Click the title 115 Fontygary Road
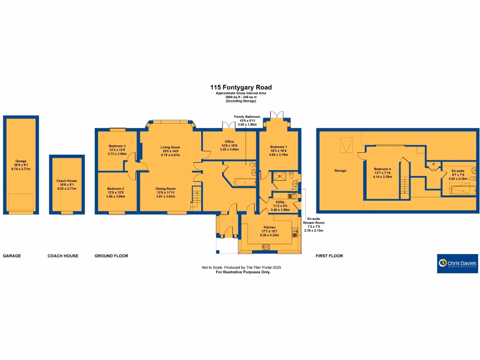point(240,87)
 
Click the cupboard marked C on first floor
point(434,165)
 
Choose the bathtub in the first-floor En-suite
point(459,190)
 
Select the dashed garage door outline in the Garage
point(21,202)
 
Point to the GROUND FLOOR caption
point(111,256)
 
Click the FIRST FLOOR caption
point(330,256)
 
